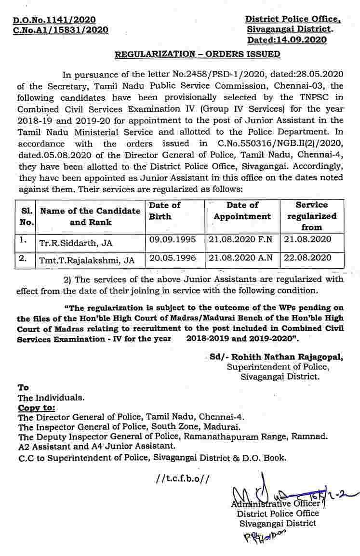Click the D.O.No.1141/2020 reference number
click(x=54, y=20)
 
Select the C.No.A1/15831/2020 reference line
click(x=60, y=30)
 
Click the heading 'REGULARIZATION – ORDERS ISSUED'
click(x=197, y=54)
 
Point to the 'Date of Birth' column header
click(x=164, y=211)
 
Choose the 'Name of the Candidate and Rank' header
click(x=91, y=216)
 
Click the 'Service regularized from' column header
click(x=311, y=216)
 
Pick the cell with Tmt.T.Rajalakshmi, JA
click(x=87, y=261)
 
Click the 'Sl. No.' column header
click(x=27, y=216)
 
